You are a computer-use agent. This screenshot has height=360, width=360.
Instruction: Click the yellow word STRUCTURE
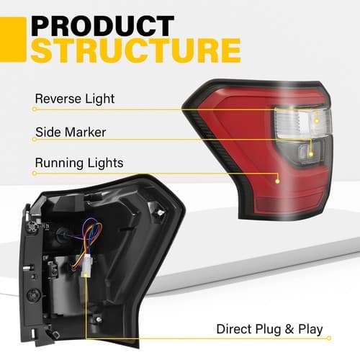tap(136, 50)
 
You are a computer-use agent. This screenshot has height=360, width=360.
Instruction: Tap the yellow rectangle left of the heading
tap(13, 40)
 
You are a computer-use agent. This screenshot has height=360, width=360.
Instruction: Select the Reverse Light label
tap(75, 99)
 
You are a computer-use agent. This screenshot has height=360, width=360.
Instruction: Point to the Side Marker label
tap(71, 132)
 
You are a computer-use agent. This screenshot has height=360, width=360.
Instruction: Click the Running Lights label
tap(79, 163)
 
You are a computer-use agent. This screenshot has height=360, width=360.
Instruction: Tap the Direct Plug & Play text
tap(269, 329)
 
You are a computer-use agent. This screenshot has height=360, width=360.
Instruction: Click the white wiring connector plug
tap(86, 266)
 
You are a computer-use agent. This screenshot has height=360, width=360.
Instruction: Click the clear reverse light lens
tap(303, 123)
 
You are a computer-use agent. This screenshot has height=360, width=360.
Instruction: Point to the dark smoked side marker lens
tap(305, 151)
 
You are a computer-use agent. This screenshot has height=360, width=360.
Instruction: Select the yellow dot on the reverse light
tap(317, 121)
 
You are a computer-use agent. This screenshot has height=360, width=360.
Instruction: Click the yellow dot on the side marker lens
tap(311, 154)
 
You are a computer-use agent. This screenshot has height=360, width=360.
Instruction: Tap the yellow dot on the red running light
tap(277, 181)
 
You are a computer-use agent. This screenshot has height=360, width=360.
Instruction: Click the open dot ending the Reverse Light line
tap(35, 109)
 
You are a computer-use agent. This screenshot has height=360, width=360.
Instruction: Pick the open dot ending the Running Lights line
tap(35, 173)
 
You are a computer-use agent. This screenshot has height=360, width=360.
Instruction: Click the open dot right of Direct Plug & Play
tap(329, 338)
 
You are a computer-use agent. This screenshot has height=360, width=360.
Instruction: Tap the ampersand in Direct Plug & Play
tap(289, 329)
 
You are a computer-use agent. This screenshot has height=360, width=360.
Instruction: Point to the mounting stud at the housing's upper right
tap(160, 212)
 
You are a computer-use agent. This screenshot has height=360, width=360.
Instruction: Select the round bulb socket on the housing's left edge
tap(33, 295)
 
